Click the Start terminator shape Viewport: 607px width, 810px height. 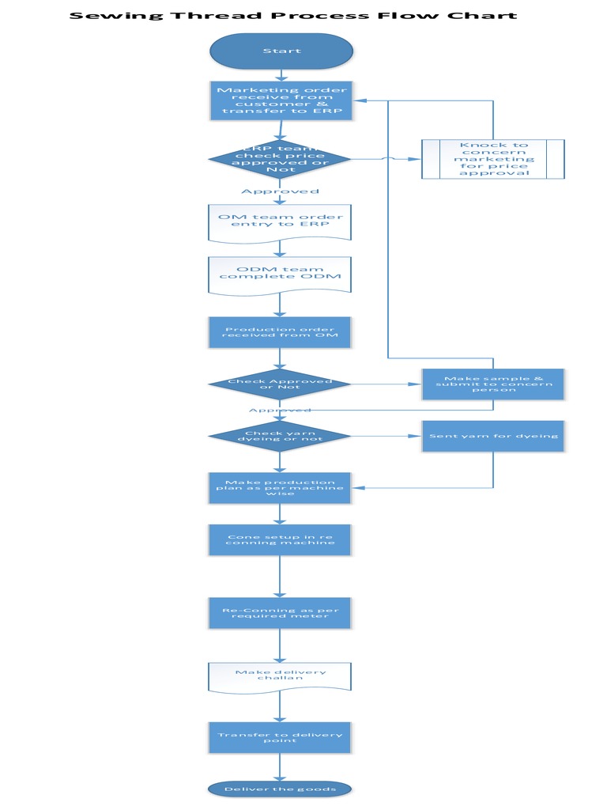pyautogui.click(x=281, y=51)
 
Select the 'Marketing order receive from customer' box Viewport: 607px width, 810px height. pyautogui.click(x=281, y=100)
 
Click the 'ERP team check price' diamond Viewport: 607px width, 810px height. pyautogui.click(x=280, y=159)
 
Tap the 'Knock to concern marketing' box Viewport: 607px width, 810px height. pyautogui.click(x=493, y=158)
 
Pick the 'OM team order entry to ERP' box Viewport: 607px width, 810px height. pyautogui.click(x=280, y=221)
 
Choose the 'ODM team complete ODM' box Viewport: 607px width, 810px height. pyautogui.click(x=280, y=273)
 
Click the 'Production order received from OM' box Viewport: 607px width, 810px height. pyautogui.click(x=280, y=332)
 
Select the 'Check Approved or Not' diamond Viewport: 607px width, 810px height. pyautogui.click(x=280, y=384)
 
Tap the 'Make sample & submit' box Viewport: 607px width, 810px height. pyautogui.click(x=493, y=384)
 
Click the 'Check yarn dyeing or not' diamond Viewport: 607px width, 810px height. pyautogui.click(x=280, y=436)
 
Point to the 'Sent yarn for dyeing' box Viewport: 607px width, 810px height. pyautogui.click(x=493, y=436)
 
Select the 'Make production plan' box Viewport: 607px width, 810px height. pyautogui.click(x=280, y=488)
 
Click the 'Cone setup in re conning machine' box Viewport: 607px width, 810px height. pyautogui.click(x=280, y=539)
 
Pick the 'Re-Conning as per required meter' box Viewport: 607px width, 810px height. pyautogui.click(x=280, y=612)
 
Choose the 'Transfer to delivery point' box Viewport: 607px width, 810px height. pyautogui.click(x=280, y=737)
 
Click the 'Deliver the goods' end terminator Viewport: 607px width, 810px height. pyautogui.click(x=280, y=789)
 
